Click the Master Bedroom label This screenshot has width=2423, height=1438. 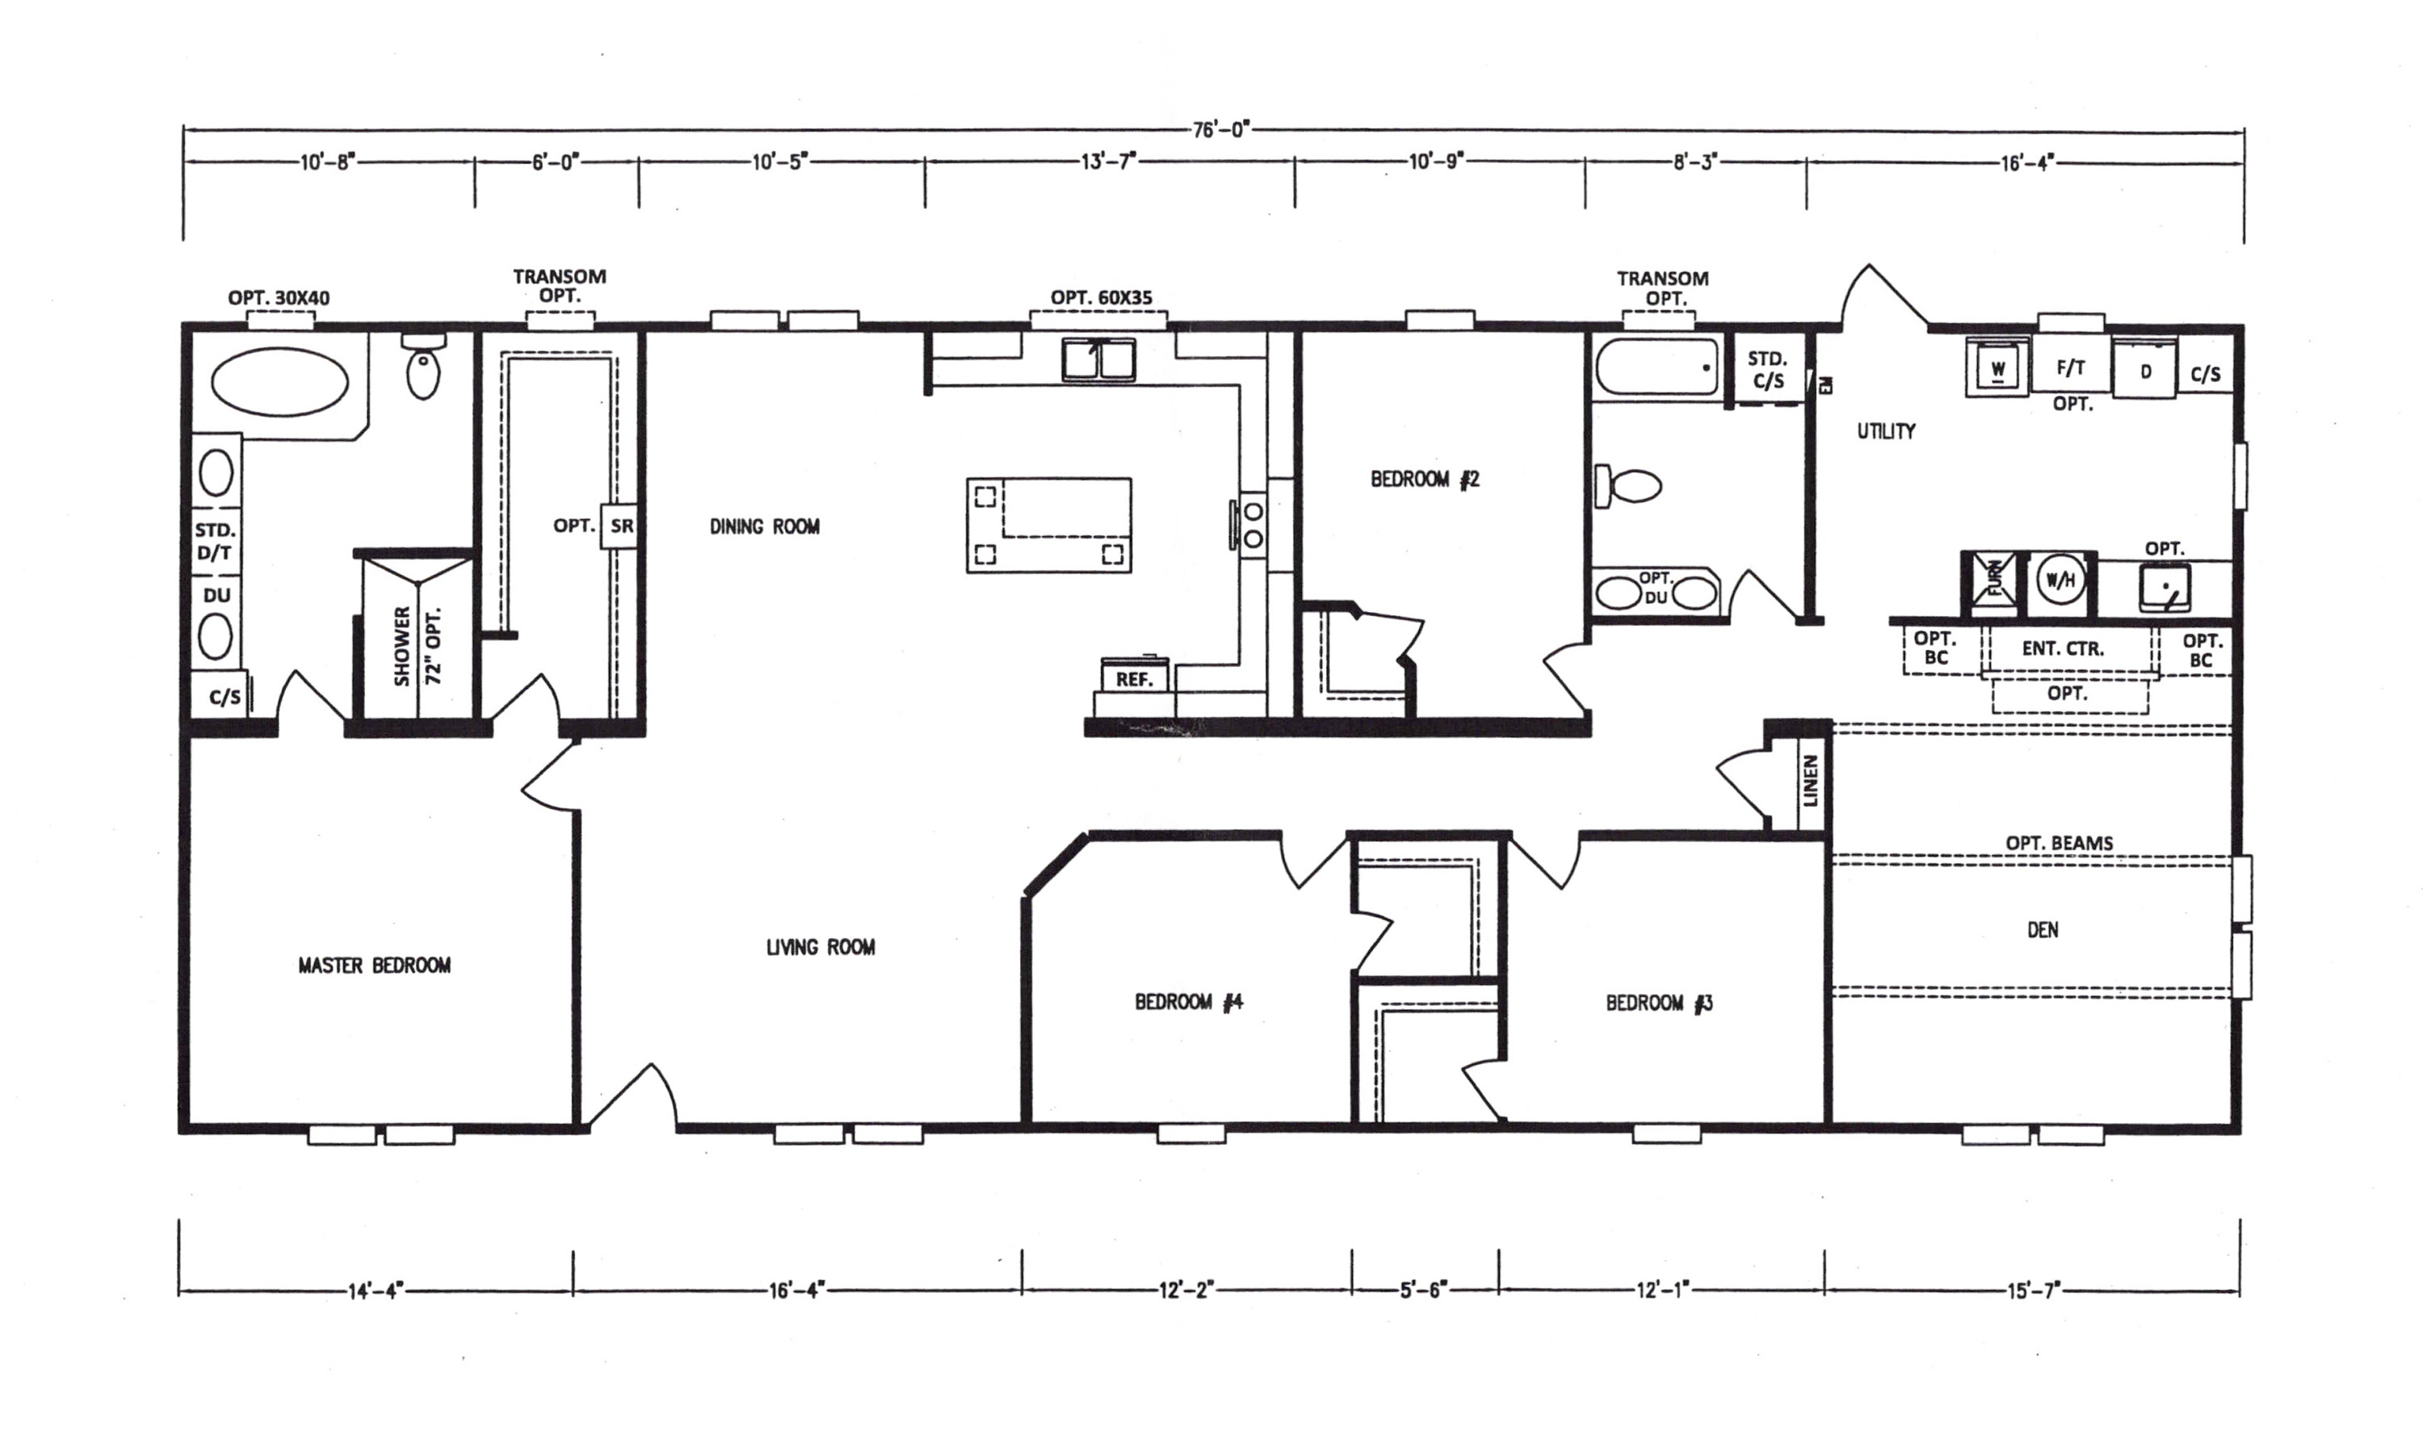[x=374, y=965]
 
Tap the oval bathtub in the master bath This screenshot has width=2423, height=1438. [x=279, y=383]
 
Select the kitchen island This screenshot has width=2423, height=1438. [x=1048, y=524]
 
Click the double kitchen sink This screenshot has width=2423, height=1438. [x=1098, y=358]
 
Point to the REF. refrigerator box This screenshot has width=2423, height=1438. [x=1134, y=677]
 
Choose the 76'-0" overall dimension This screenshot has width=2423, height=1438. [x=1220, y=130]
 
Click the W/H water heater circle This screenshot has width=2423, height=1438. [x=2060, y=581]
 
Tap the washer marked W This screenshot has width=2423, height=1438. [x=1997, y=368]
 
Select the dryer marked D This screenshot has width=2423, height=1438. [x=2145, y=369]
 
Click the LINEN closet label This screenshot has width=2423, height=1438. [x=1811, y=780]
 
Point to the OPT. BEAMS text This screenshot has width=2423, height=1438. [x=2059, y=843]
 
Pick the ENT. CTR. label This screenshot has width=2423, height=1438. [x=2063, y=648]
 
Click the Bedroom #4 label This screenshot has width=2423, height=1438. [x=1188, y=1001]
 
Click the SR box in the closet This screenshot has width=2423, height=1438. [x=621, y=526]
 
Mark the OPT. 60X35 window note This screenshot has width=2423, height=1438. [x=1102, y=297]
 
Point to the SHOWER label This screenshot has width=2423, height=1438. [x=402, y=646]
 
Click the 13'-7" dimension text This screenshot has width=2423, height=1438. [x=1109, y=161]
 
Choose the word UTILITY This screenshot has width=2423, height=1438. [x=1886, y=431]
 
